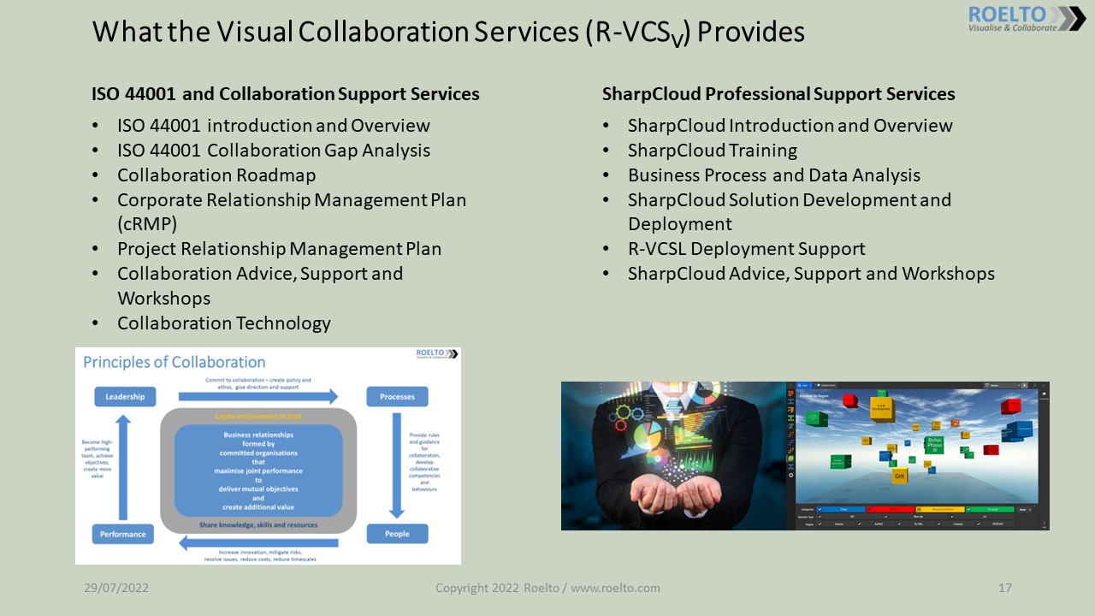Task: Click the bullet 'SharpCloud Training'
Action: pos(712,151)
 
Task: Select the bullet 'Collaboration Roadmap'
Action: pos(216,175)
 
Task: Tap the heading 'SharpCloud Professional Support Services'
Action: pos(778,94)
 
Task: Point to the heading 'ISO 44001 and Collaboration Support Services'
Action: pos(286,94)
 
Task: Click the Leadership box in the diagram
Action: pos(125,397)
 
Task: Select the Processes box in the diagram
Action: pos(397,397)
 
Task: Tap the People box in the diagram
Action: pos(397,534)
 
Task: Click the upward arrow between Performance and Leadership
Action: pos(124,466)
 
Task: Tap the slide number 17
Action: pos(1005,589)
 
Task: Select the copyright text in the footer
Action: pos(547,589)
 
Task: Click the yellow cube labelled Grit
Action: pos(899,475)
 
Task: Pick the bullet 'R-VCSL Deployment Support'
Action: pos(746,249)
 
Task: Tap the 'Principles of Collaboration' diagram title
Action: pos(175,362)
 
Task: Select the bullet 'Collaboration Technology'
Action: pos(223,323)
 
